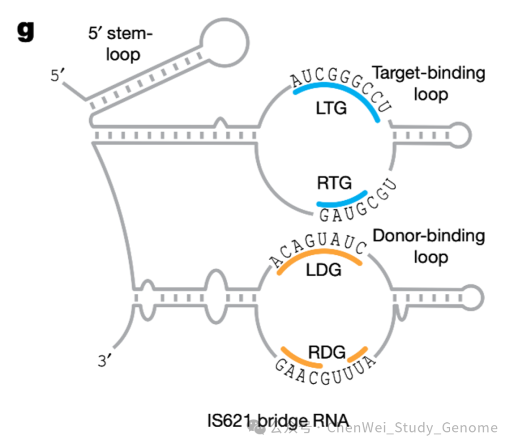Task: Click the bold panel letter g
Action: pyautogui.click(x=25, y=32)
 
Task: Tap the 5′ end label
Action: pyautogui.click(x=57, y=75)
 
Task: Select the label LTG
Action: pyautogui.click(x=331, y=109)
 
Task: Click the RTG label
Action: pyautogui.click(x=334, y=184)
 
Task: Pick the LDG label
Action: pyautogui.click(x=323, y=270)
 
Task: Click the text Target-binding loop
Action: pyautogui.click(x=428, y=83)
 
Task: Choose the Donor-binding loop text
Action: pyautogui.click(x=428, y=246)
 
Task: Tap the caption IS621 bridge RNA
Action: pyautogui.click(x=278, y=420)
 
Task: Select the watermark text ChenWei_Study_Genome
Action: pyautogui.click(x=412, y=428)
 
